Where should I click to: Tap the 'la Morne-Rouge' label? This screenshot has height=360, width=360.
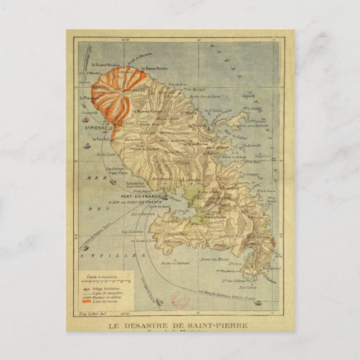(x=144, y=111)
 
